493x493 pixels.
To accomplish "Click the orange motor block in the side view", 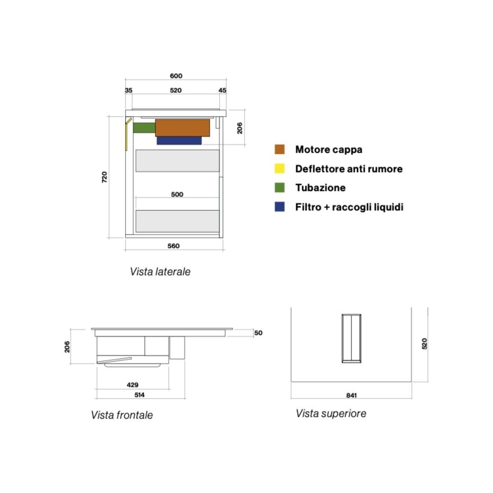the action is tap(182, 128).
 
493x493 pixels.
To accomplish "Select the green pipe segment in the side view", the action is tap(144, 128).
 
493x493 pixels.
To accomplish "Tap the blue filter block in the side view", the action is tap(179, 141).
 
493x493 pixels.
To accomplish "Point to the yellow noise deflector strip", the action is tap(127, 134).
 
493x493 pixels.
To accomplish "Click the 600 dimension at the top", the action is tap(176, 76).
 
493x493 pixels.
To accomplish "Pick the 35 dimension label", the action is tap(129, 90).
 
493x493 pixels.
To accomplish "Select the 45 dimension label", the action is tap(222, 90).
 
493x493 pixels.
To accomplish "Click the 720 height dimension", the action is tap(105, 177).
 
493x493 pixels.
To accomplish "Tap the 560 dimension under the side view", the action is tap(174, 246).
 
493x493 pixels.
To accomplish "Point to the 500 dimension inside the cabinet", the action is tap(177, 194).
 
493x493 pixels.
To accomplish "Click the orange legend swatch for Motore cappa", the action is tap(280, 149).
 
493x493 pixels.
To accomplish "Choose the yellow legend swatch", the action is tap(280, 169).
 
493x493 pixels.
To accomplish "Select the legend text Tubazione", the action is tap(320, 188).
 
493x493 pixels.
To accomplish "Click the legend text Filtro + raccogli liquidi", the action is tap(350, 207).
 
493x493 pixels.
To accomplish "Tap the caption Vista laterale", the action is tap(160, 272).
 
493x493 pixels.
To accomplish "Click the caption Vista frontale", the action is tap(122, 415).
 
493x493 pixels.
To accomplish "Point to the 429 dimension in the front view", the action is tap(133, 385).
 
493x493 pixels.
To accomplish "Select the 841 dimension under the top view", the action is tap(352, 395).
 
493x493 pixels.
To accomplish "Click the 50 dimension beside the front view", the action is tap(258, 333).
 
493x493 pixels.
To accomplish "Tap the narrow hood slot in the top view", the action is tap(351, 338).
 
